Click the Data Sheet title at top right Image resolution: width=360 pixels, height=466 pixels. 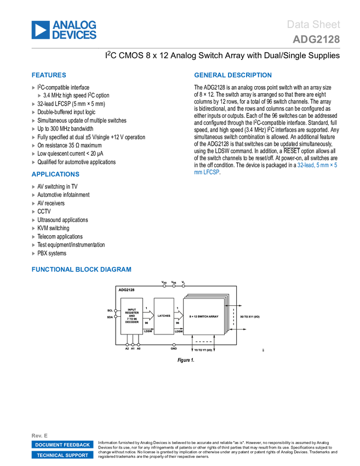point(313,25)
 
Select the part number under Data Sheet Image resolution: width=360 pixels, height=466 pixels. point(316,39)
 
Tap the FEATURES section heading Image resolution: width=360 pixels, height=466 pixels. point(49,76)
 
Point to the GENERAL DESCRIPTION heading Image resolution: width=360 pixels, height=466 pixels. point(232,76)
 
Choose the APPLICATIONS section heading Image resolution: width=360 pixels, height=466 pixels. point(55,174)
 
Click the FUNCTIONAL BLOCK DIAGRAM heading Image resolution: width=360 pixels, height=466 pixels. point(81,269)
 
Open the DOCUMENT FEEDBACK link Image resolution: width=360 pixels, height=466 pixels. point(62,445)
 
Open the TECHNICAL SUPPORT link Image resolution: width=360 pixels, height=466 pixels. point(62,455)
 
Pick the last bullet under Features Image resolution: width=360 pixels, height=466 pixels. point(33,162)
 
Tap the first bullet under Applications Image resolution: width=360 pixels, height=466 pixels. point(33,186)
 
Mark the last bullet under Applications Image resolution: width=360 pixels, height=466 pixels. point(33,253)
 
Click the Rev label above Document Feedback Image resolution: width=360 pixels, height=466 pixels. point(39,435)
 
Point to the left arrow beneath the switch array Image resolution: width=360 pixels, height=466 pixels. point(192,344)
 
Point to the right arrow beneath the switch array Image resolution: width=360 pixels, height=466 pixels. point(214,344)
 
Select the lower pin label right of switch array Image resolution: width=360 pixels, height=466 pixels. point(239,329)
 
